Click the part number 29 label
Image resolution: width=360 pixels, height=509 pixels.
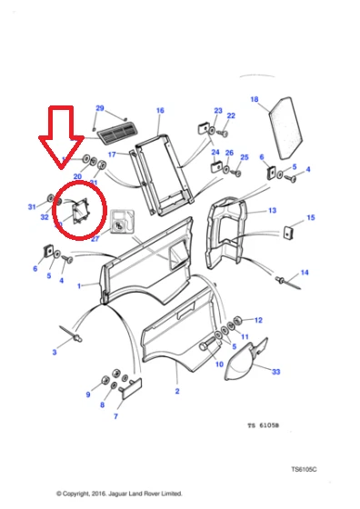[100, 107]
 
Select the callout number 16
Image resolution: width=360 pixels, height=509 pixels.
[160, 111]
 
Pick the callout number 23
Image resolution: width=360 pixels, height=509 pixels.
[218, 110]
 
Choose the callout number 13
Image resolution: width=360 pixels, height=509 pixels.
[271, 210]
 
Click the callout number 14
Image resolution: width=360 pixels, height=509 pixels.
[305, 273]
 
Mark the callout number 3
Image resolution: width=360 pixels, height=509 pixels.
[55, 351]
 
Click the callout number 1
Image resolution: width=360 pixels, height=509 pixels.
[80, 285]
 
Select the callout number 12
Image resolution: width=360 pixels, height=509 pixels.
[258, 320]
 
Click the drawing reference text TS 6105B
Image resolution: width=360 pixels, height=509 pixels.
[265, 424]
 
